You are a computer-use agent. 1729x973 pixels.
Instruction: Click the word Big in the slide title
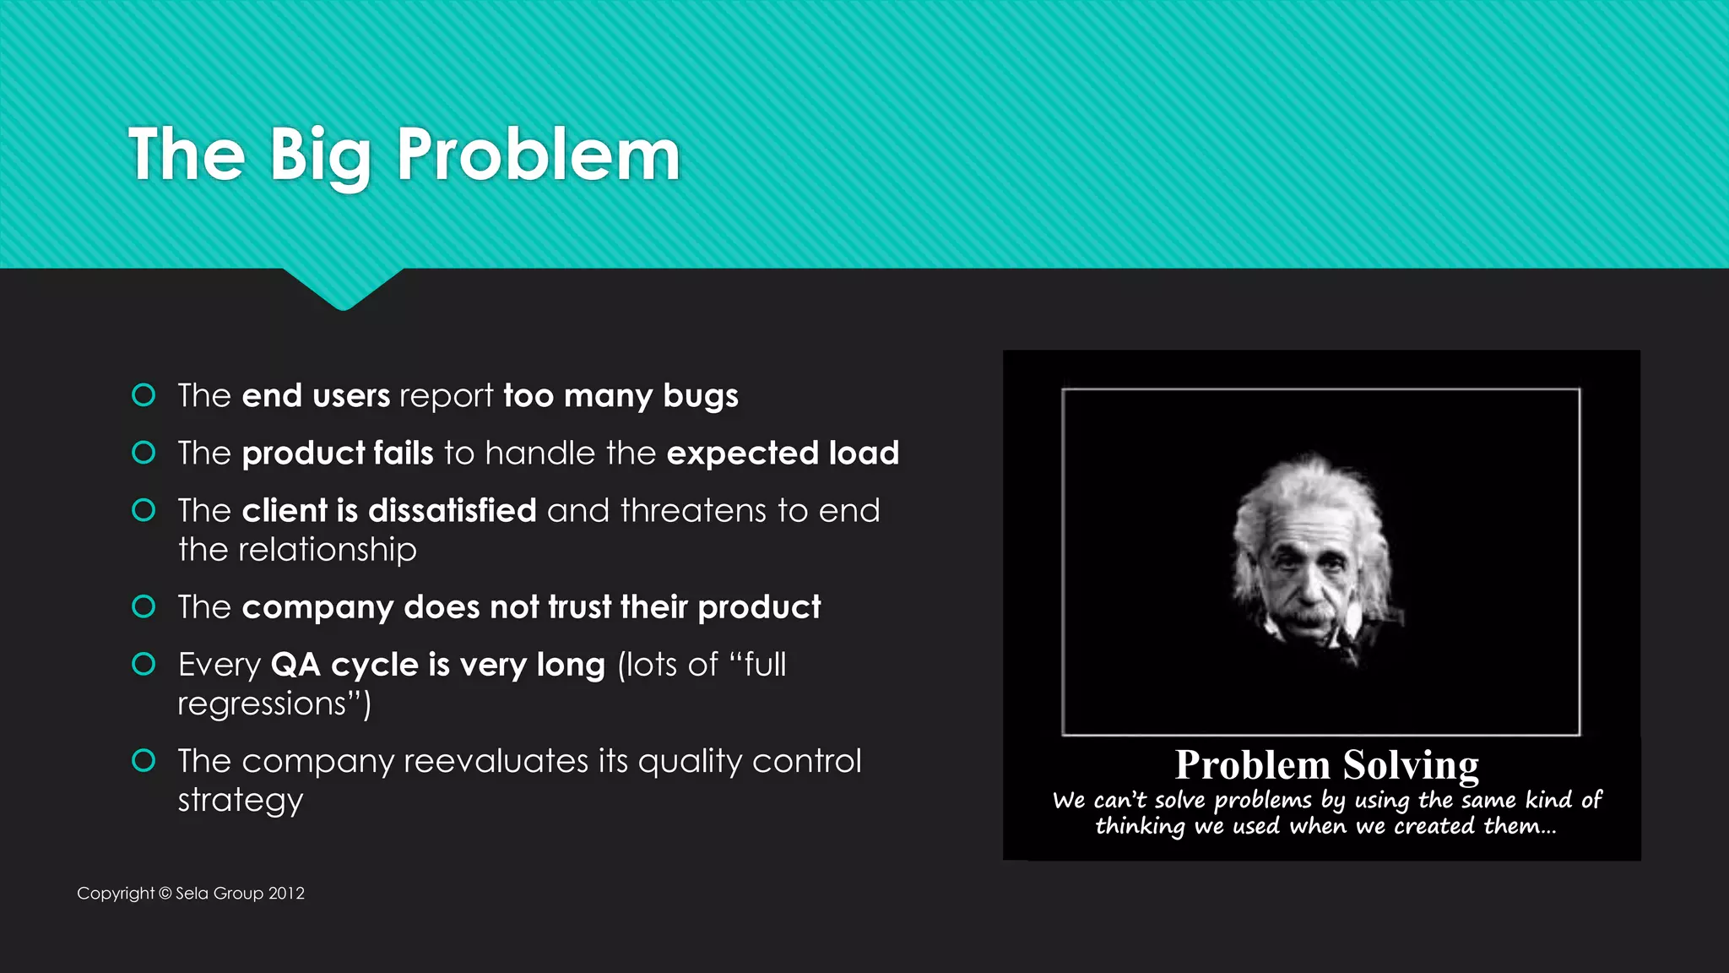[x=320, y=155]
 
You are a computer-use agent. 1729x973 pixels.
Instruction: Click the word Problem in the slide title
[x=538, y=155]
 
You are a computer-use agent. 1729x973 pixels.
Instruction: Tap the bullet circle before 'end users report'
[x=144, y=395]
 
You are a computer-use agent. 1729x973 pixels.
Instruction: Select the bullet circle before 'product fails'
[x=144, y=453]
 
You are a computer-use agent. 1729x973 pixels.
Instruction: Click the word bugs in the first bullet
[x=701, y=396]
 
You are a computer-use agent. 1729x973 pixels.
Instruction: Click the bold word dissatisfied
[x=452, y=511]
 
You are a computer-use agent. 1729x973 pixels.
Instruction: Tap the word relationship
[x=328, y=550]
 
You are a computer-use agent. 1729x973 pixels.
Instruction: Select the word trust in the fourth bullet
[x=579, y=607]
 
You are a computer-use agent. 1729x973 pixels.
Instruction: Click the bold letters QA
[x=295, y=665]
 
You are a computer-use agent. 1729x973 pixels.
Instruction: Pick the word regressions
[x=263, y=704]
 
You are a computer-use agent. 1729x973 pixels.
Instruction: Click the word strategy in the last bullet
[x=240, y=800]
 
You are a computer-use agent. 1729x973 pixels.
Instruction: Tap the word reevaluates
[x=496, y=761]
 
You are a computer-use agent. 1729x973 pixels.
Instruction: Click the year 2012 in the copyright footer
[x=286, y=893]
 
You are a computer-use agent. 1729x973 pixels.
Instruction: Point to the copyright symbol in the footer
[x=165, y=893]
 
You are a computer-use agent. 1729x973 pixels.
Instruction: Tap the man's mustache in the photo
[x=1303, y=619]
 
